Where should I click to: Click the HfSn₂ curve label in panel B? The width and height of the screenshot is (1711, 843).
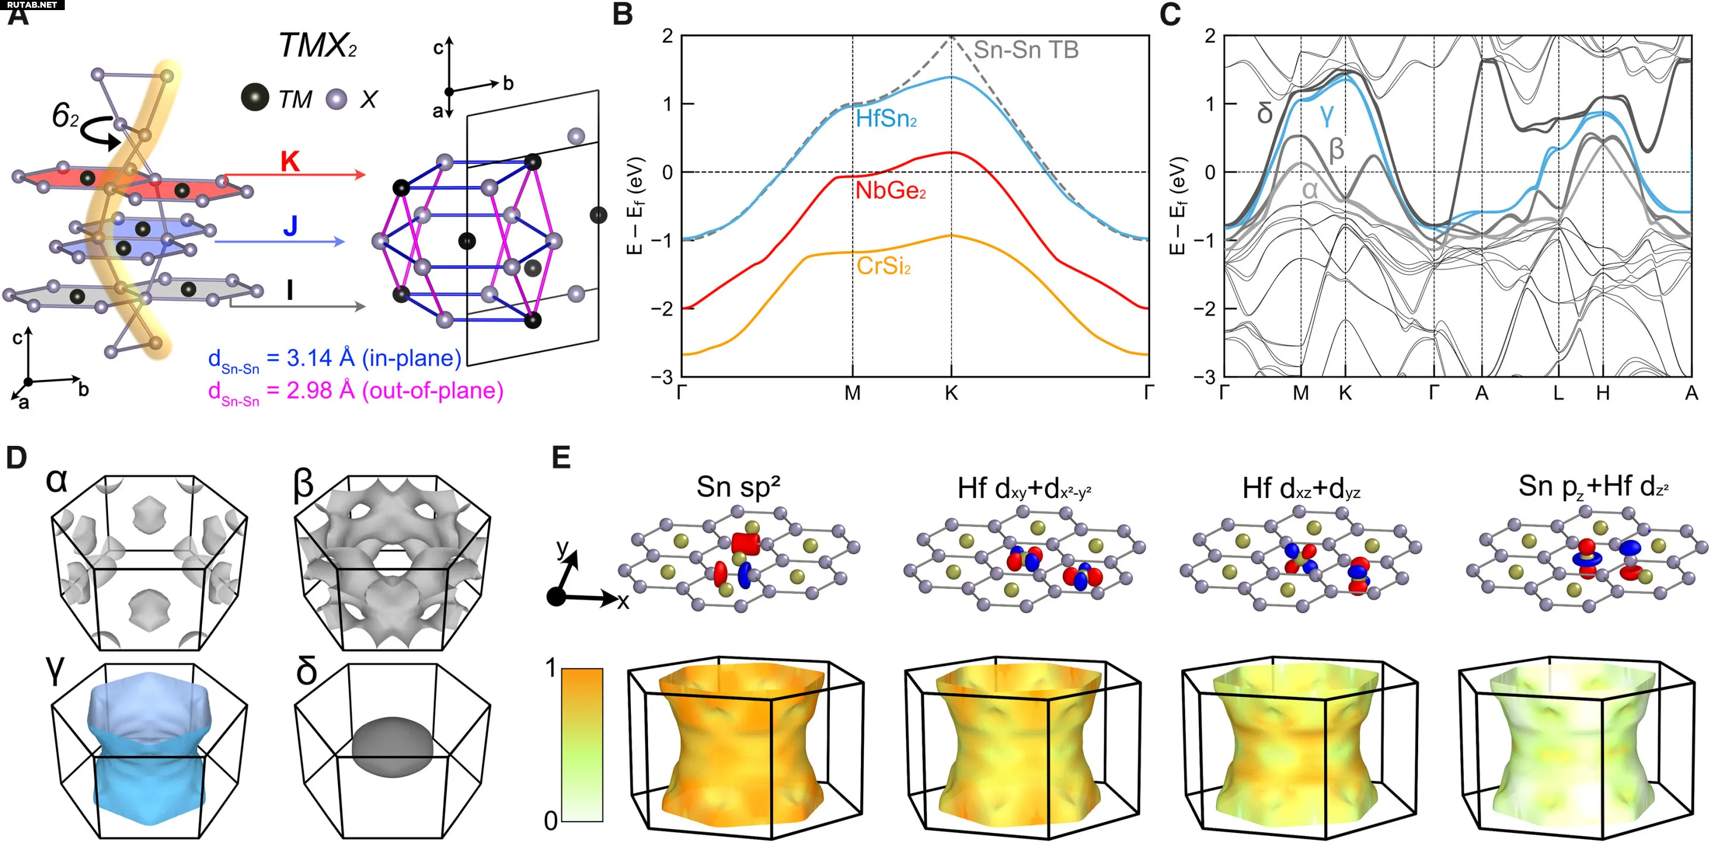point(886,119)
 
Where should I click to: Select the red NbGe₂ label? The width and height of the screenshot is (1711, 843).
point(890,191)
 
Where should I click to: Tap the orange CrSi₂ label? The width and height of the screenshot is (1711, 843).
point(883,266)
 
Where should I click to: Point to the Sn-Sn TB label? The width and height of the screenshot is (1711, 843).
point(1025,50)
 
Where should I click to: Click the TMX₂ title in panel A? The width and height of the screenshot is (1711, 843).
point(317,46)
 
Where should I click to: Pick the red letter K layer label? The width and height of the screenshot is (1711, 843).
point(289,161)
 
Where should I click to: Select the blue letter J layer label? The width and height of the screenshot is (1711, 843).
point(291,226)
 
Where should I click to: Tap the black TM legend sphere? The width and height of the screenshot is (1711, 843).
point(255,97)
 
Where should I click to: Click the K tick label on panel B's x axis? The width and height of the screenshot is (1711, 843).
point(951,394)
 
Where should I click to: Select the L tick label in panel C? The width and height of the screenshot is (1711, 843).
point(1558,394)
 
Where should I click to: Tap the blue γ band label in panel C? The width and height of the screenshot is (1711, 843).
point(1327,115)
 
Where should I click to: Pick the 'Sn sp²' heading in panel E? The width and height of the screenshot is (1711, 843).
point(738,487)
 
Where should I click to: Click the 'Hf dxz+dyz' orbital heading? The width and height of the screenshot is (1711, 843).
point(1301,489)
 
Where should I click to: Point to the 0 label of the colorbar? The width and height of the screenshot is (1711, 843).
point(551,822)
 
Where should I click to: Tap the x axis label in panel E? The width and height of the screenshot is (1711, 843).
point(623,602)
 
